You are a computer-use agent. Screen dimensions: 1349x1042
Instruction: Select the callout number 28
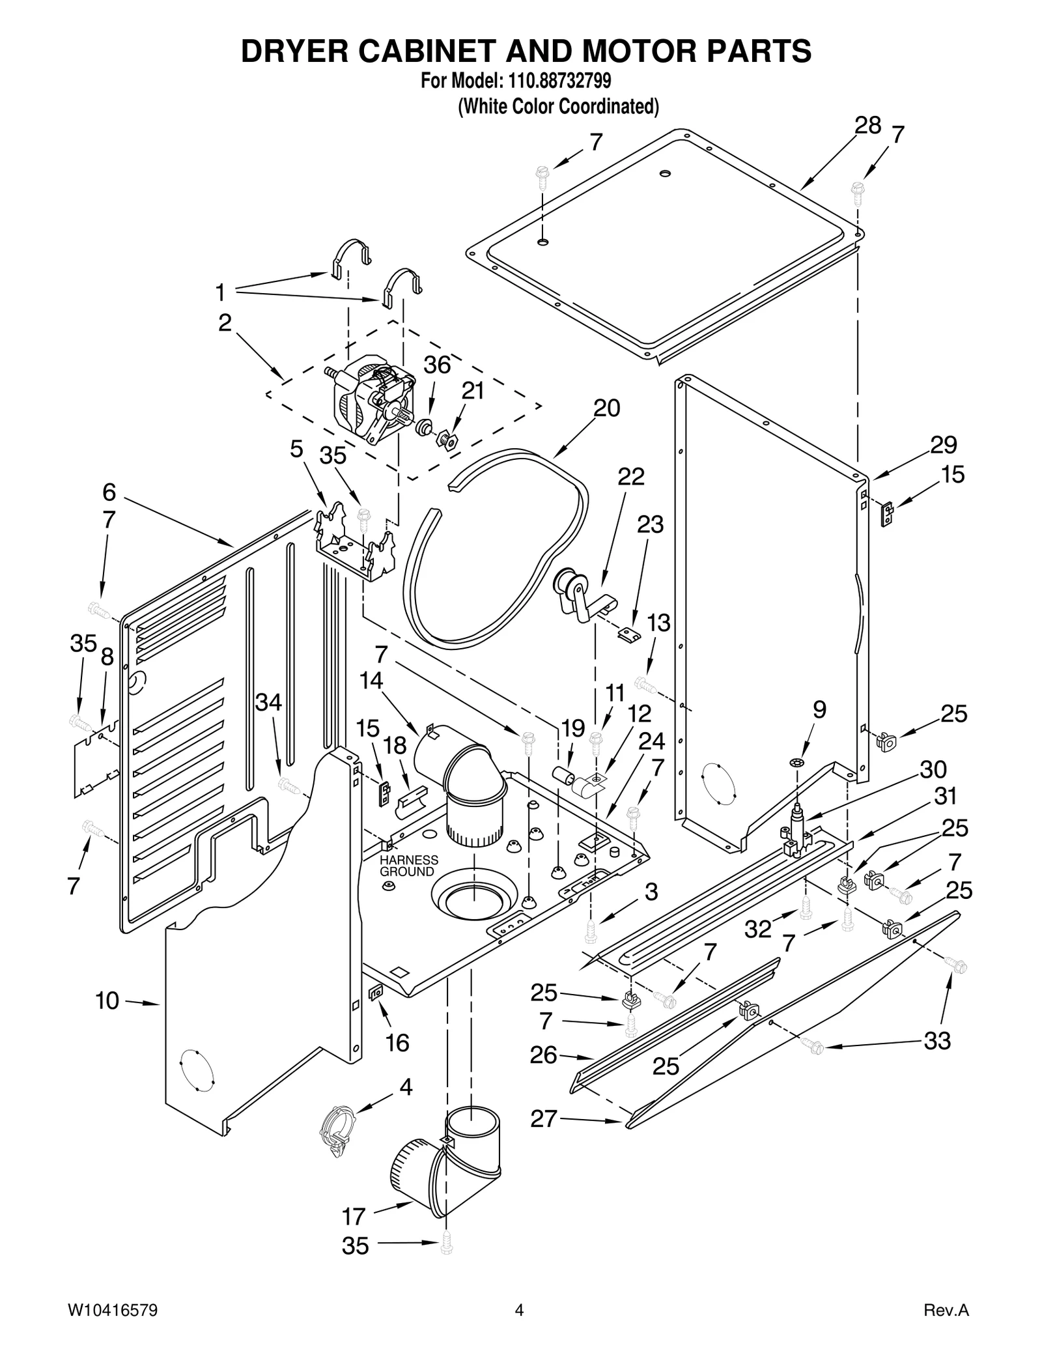[867, 125]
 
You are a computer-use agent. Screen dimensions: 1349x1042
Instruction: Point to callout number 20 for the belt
[606, 408]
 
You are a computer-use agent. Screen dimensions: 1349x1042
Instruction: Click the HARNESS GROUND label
[408, 866]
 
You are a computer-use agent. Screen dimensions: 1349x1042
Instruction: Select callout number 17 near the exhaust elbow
[354, 1216]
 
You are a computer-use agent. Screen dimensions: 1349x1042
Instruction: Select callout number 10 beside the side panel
[107, 1001]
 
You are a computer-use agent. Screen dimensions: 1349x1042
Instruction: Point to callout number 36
[437, 365]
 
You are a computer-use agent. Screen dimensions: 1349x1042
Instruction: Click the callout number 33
[937, 1041]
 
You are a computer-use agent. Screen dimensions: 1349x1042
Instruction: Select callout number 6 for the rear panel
[109, 492]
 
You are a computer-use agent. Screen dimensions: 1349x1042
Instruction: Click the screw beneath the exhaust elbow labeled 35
[446, 1245]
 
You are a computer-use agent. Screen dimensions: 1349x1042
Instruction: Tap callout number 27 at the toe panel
[544, 1118]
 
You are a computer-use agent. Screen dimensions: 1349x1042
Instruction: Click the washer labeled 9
[800, 761]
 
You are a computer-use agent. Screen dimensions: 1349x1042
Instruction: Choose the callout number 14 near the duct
[371, 681]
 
